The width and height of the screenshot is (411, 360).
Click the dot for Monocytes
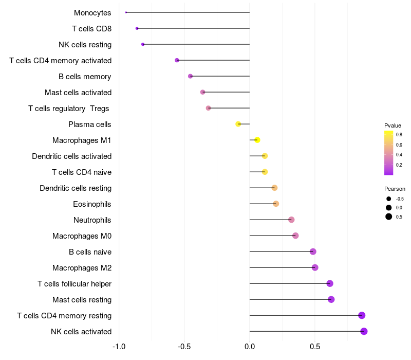[126, 12]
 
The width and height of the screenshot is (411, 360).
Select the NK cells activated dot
[364, 331]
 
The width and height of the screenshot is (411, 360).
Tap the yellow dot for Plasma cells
[238, 124]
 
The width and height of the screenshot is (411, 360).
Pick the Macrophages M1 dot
[257, 140]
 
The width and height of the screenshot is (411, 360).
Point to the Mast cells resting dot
[331, 299]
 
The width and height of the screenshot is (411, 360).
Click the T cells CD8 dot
[137, 28]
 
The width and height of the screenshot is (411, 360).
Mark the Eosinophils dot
[276, 204]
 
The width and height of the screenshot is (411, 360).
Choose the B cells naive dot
[313, 251]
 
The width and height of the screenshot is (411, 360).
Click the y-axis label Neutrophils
[92, 220]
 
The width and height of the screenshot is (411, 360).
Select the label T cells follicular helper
[74, 284]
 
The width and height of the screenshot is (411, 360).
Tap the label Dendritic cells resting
[76, 188]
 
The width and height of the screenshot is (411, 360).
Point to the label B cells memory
[85, 77]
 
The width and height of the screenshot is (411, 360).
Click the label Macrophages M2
[82, 268]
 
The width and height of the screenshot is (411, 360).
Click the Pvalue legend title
[393, 125]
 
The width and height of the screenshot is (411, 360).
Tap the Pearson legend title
[395, 189]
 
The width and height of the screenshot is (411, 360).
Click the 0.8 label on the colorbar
[399, 135]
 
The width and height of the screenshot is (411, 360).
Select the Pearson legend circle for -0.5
[389, 199]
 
